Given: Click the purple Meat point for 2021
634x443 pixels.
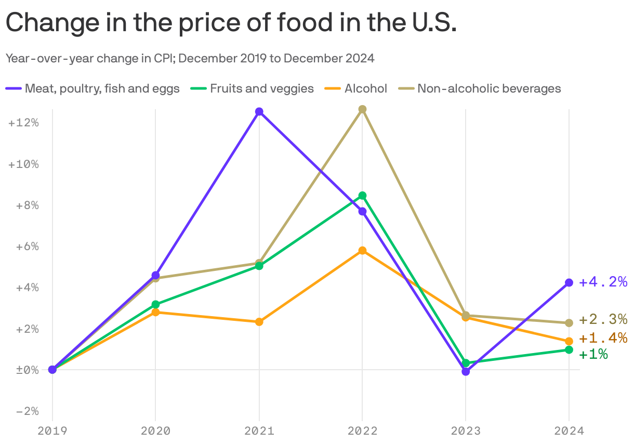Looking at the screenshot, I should click(259, 112).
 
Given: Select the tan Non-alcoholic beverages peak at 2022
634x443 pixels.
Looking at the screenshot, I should click(362, 109).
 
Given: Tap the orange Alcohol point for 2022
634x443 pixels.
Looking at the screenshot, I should click(362, 251).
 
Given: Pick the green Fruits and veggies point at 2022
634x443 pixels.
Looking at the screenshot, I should click(362, 196).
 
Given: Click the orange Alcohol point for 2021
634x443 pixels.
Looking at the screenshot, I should click(259, 322).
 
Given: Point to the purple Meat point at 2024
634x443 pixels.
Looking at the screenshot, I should click(569, 282).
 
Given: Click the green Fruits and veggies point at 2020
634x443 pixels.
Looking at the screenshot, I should click(155, 304).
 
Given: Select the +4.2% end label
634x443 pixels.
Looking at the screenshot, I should click(603, 282).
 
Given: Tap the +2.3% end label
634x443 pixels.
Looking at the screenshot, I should click(603, 319).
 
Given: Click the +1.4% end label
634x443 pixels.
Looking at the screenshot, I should click(603, 338).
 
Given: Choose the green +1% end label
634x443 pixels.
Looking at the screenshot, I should click(593, 355).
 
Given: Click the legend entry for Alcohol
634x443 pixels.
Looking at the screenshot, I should click(365, 88).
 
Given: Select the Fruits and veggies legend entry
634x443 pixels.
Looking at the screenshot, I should click(261, 88).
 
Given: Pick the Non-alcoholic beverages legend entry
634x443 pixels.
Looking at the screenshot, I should click(489, 88).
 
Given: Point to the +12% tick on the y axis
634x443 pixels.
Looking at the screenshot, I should click(24, 123).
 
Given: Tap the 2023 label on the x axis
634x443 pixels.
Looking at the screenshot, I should click(466, 431).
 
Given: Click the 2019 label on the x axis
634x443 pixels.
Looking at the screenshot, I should click(52, 431).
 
